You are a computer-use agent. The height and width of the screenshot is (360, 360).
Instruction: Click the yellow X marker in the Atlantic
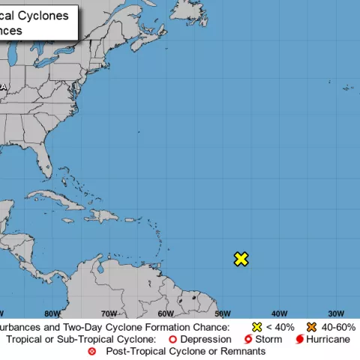pyautogui.click(x=241, y=259)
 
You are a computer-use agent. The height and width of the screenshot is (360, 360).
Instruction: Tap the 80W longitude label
pyautogui.click(x=52, y=313)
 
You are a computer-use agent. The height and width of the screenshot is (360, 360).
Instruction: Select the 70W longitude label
pyautogui.click(x=109, y=313)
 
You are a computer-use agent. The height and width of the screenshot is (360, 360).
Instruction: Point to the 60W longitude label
pyautogui.click(x=166, y=313)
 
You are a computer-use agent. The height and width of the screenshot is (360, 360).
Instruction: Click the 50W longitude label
pyautogui.click(x=222, y=313)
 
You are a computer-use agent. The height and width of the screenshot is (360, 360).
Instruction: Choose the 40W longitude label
pyautogui.click(x=279, y=313)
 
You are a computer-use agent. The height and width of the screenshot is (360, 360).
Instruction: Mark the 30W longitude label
pyautogui.click(x=335, y=313)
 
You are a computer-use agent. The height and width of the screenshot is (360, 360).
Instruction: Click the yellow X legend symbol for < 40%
pyautogui.click(x=257, y=328)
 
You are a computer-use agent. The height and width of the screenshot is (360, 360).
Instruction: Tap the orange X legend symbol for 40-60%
pyautogui.click(x=310, y=328)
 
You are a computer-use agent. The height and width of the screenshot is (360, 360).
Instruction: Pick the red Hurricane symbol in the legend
pyautogui.click(x=299, y=340)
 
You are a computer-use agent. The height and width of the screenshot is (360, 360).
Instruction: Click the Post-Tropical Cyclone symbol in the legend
pyautogui.click(x=92, y=351)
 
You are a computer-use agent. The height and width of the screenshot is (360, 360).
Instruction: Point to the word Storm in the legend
pyautogui.click(x=268, y=340)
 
